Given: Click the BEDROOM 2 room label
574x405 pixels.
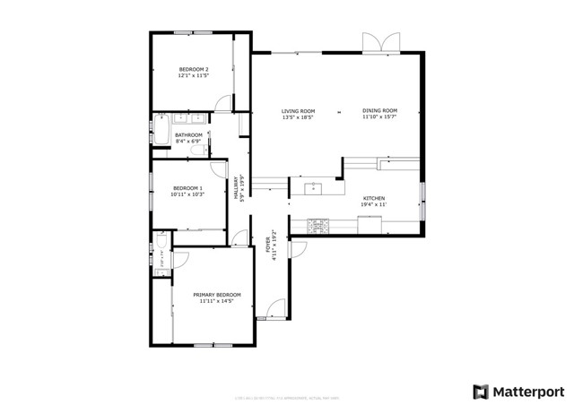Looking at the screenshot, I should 194,69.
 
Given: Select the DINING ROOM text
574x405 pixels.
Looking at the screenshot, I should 379,110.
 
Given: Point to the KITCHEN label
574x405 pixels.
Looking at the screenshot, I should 374,198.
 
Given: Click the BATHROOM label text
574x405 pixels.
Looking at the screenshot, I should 188,134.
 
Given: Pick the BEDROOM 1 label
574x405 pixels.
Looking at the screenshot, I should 188,187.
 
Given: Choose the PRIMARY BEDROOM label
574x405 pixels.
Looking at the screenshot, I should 217,294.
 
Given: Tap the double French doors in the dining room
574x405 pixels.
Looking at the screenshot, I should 378,43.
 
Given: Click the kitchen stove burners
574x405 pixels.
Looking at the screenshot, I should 320,221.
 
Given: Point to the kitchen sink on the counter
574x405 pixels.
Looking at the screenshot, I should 313,188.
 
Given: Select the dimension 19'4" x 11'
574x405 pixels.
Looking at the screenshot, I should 374,205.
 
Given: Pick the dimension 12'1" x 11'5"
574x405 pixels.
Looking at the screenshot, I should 194,76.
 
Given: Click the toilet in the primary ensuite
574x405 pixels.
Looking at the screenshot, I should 159,240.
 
